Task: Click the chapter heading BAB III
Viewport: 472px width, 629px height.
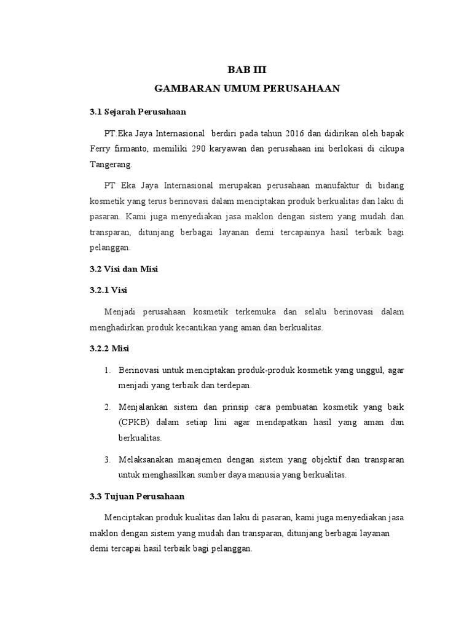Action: [247, 70]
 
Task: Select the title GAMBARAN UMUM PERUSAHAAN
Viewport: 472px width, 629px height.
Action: [247, 89]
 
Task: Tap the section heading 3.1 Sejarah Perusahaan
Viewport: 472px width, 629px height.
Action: [137, 112]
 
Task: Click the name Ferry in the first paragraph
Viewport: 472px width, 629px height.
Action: [100, 149]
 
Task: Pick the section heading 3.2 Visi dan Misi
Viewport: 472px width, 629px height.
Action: [124, 269]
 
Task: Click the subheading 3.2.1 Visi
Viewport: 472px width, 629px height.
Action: [108, 290]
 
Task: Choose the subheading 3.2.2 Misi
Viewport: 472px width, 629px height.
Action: [109, 348]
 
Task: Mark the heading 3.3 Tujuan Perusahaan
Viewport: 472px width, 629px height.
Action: [136, 496]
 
